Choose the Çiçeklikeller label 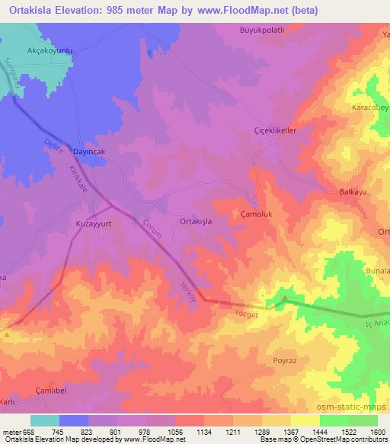tap(274, 130)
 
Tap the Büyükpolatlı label tap(264, 31)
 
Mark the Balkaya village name tap(353, 193)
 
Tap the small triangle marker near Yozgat tap(285, 298)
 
